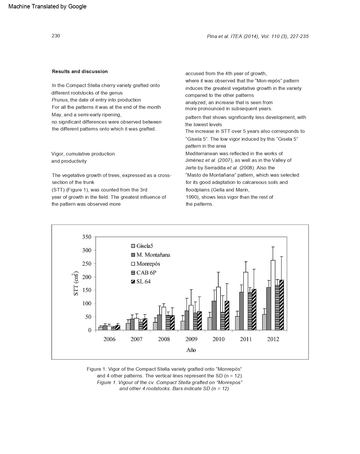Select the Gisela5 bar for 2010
point(210,324)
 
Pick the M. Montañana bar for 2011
point(241,311)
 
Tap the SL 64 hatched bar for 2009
point(199,321)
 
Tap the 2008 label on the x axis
point(164,339)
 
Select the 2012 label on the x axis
point(273,339)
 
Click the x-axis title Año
point(191,350)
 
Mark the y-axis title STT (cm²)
point(75,284)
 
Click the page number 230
point(56,36)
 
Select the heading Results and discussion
point(80,71)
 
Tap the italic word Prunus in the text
point(60,100)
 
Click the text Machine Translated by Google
point(47,6)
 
